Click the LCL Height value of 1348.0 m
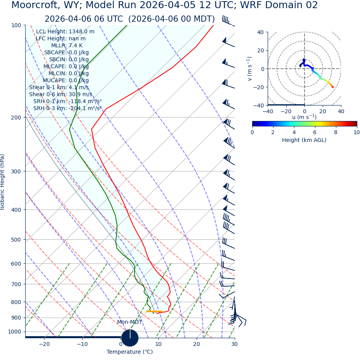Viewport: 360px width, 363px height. (x=81, y=31)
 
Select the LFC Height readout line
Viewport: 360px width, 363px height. (x=61, y=38)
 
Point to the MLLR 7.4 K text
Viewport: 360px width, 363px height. (x=67, y=45)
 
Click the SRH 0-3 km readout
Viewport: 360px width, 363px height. (x=67, y=108)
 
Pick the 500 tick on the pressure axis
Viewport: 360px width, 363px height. (x=16, y=240)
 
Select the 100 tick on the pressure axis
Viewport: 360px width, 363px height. (x=16, y=25)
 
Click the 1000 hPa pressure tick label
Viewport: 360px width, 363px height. (x=14, y=332)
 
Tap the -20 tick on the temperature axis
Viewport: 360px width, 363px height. (x=44, y=344)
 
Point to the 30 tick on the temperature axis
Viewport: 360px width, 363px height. (x=234, y=344)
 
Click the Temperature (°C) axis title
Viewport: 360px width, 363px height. (x=130, y=352)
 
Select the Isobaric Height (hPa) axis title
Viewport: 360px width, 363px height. (x=3, y=182)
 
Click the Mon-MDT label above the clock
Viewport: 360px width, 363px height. (x=130, y=322)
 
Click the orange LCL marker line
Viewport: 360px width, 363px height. (x=154, y=311)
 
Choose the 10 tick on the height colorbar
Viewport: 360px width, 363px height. (x=357, y=132)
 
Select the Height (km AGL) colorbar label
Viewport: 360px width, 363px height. (x=304, y=140)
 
